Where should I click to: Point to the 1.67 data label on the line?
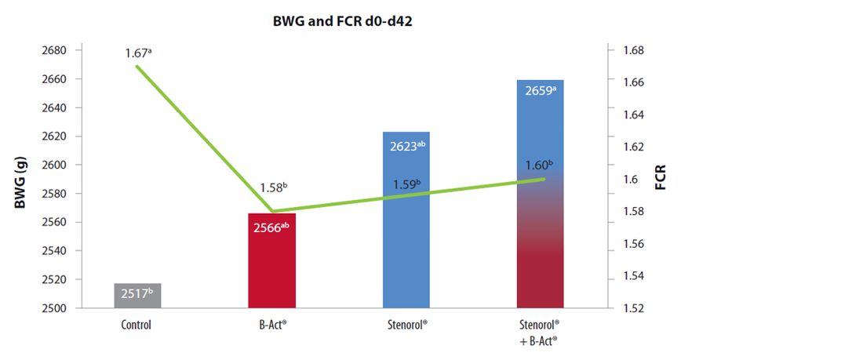(x=139, y=53)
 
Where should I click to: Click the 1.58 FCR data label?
(x=274, y=188)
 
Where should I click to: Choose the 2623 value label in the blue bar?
(x=406, y=146)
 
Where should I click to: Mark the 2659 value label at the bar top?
(x=541, y=91)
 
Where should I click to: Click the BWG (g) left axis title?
(x=21, y=180)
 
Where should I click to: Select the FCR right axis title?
(x=660, y=180)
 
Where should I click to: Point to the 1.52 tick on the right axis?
(x=633, y=308)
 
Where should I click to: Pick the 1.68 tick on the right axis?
(x=633, y=50)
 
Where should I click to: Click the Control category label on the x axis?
(x=137, y=325)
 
